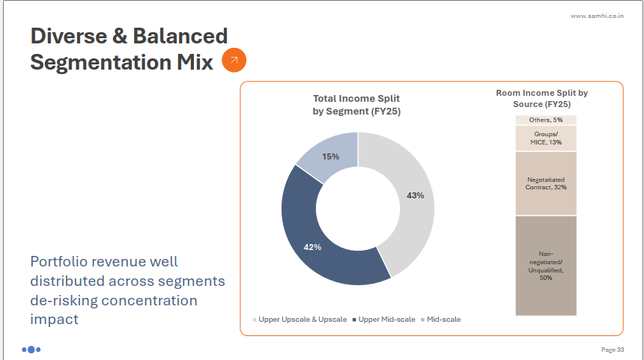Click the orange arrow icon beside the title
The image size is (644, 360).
(234, 61)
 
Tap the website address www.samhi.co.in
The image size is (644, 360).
(598, 16)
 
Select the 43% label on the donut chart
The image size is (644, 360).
(416, 195)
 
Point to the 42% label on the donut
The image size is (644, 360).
(313, 247)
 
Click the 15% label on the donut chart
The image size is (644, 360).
(330, 156)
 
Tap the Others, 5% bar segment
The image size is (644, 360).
(545, 120)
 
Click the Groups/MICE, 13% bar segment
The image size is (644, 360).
(545, 138)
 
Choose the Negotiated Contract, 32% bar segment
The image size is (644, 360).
(545, 183)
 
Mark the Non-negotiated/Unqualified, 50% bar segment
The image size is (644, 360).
(545, 266)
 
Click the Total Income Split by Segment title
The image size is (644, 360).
(356, 105)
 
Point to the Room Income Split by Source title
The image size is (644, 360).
(542, 98)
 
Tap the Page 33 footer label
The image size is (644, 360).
(613, 350)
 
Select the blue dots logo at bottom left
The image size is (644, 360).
(31, 349)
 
